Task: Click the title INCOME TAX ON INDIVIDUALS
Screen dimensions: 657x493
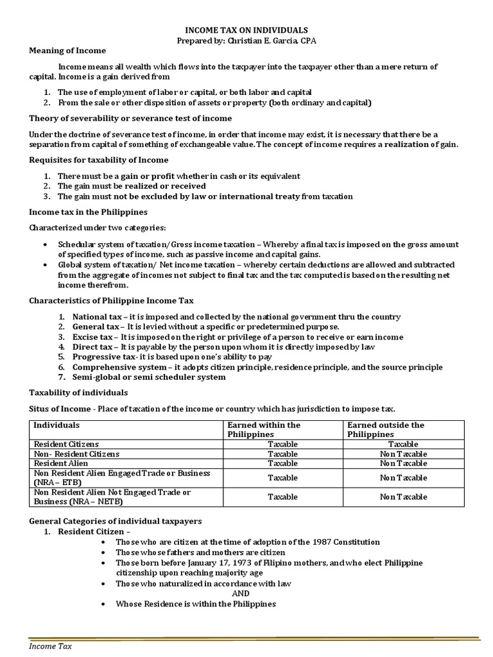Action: [x=246, y=30]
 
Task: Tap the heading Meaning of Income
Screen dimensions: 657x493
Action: [x=67, y=51]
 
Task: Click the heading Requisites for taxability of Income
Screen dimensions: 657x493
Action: [x=99, y=160]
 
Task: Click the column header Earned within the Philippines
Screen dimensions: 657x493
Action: [x=264, y=429]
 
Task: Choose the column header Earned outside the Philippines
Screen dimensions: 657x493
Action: [x=385, y=429]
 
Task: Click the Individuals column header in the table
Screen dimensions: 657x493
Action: [x=56, y=425]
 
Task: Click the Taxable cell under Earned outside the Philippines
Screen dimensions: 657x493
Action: [x=403, y=444]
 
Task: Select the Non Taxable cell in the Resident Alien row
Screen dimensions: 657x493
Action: [x=403, y=463]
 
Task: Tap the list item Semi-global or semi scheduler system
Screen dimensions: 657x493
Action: [x=142, y=377]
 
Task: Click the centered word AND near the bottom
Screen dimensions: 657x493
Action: [x=241, y=593]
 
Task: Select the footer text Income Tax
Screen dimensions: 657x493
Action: [x=51, y=646]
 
